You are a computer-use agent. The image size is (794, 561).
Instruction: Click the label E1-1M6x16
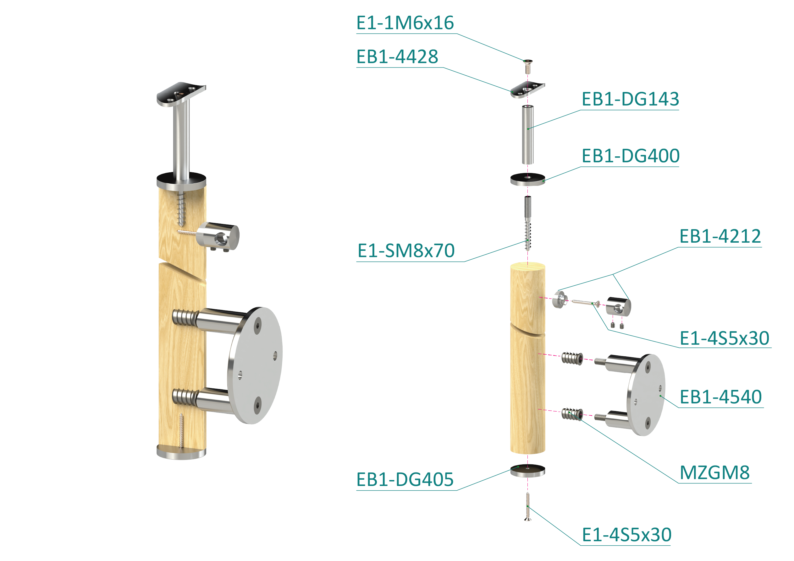[x=405, y=23]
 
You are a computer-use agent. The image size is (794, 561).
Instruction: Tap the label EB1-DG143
[x=631, y=99]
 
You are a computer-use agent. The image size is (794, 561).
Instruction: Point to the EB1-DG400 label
[x=631, y=156]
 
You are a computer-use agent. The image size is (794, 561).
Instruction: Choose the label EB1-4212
[x=720, y=236]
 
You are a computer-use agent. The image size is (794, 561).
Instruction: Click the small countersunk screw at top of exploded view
[x=528, y=66]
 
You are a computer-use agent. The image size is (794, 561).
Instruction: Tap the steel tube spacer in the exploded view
[x=528, y=134]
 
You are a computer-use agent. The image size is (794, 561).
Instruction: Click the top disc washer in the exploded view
[x=528, y=179]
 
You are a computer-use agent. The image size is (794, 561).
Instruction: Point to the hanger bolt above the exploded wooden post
[x=528, y=223]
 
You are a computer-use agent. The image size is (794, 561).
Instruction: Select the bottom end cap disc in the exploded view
[x=528, y=471]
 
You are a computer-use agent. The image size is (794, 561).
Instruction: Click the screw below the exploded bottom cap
[x=528, y=506]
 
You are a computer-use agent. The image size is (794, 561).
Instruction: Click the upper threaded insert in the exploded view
[x=572, y=358]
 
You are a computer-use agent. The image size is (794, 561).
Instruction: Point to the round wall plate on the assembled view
[x=255, y=365]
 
